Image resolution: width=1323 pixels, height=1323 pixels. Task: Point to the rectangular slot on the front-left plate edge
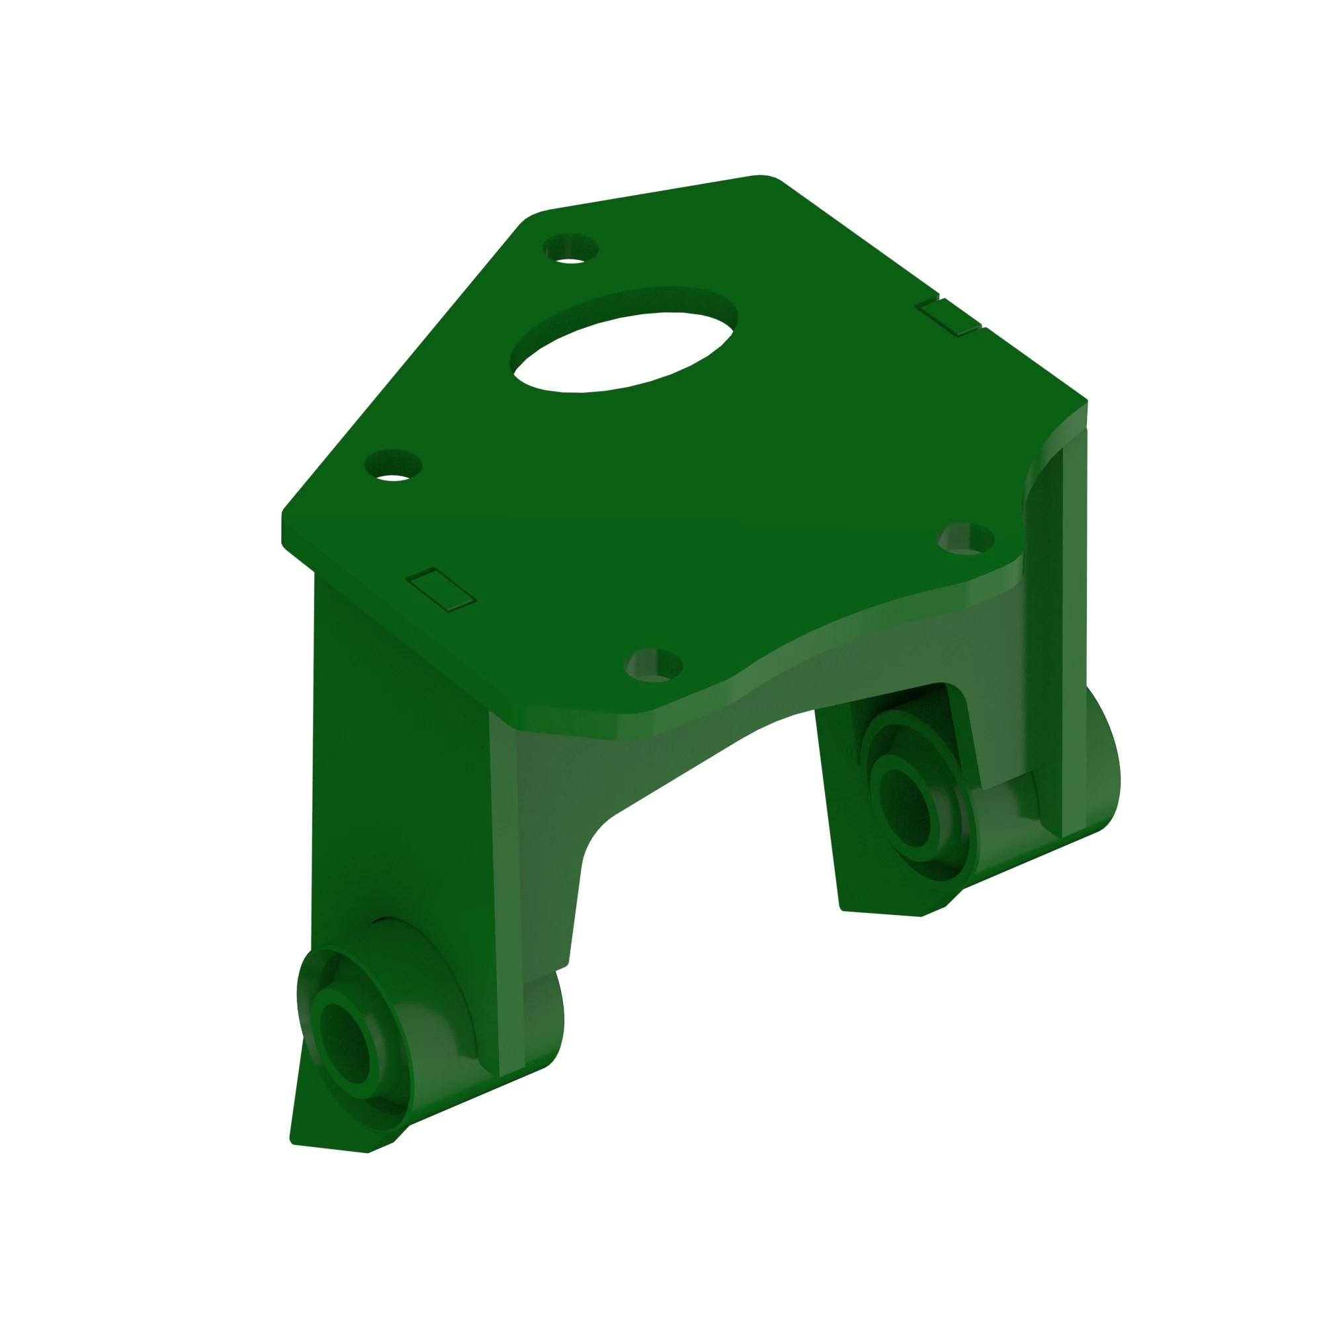pos(441,589)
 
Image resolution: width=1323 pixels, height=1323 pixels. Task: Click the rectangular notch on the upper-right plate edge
pos(949,316)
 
